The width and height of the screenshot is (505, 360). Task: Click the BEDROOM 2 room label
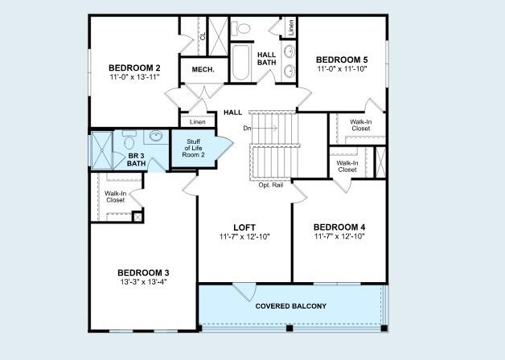[134, 67]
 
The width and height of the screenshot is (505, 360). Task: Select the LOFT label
[244, 227]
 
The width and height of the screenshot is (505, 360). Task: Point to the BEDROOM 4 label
[339, 227]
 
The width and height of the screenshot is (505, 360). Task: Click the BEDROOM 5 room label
[342, 59]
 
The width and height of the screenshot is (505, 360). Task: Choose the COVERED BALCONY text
[290, 306]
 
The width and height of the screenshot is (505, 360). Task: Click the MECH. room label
[203, 70]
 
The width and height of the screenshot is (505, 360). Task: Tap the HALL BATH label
[266, 59]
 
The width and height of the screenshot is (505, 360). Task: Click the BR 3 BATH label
[136, 158]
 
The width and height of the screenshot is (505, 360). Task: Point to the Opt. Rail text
[269, 185]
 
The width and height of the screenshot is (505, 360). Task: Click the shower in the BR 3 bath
[104, 149]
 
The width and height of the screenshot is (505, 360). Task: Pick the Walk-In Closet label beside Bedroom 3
[115, 197]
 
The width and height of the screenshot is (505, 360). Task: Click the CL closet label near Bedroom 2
[203, 35]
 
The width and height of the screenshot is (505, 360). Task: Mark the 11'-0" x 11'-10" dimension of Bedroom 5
[342, 70]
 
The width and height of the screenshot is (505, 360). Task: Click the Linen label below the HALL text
[197, 121]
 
